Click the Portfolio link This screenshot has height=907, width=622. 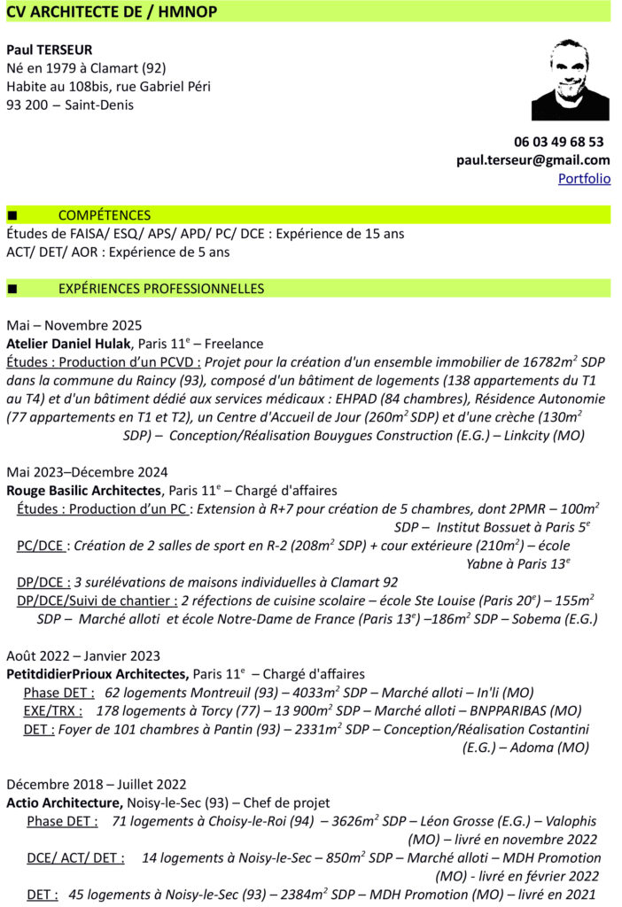pos(584,178)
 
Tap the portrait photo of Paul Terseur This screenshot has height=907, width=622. pos(570,80)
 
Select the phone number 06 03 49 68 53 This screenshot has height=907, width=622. pos(558,142)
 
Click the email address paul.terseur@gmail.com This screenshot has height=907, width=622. pos(533,160)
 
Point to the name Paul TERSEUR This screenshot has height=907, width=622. pos(50,50)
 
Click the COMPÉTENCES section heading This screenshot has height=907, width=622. pos(104,215)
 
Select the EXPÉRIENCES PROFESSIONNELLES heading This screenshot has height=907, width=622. pos(160,289)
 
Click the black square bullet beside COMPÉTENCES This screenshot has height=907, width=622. pos(12,216)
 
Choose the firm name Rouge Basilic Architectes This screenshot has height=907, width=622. pos(84,491)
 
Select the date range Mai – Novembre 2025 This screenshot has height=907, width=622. pos(74,325)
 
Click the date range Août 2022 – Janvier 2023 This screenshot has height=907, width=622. pos(83,655)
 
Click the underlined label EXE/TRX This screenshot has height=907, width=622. pos(52,710)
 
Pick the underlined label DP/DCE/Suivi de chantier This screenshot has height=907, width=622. pos(97,600)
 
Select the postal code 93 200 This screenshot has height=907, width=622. pos(26,105)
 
